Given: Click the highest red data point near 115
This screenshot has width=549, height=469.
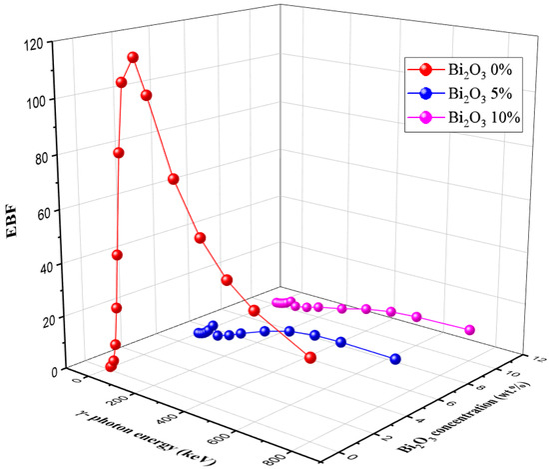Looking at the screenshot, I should coord(132,57).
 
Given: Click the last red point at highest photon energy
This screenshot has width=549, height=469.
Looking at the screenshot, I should coord(310,358).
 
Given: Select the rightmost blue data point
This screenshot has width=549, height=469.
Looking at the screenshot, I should coord(396,359).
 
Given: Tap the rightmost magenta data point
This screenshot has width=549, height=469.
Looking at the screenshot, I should coord(469,330).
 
